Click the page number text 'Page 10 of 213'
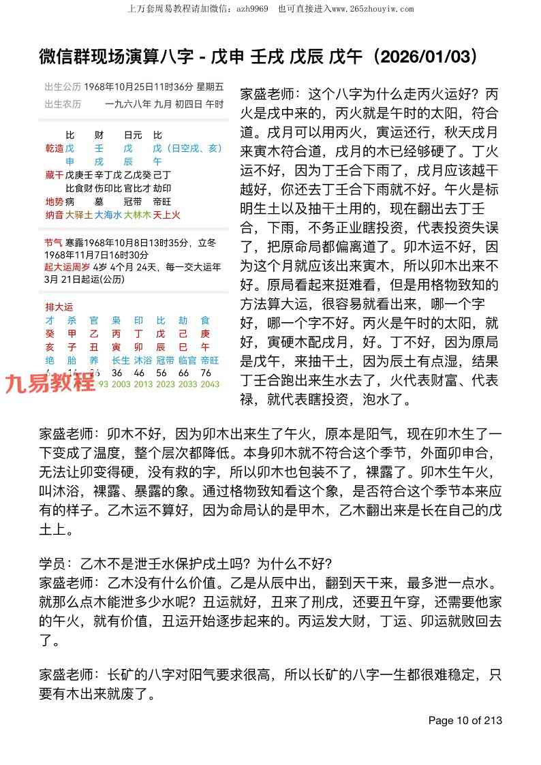coord(465,721)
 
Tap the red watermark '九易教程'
coord(50,383)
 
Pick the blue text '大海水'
coord(107,215)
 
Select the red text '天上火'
coord(166,215)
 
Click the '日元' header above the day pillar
coord(132,135)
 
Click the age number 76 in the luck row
coord(206,373)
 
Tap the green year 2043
coord(210,384)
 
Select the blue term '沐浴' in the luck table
coord(143,360)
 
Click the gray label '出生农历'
coord(63,104)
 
